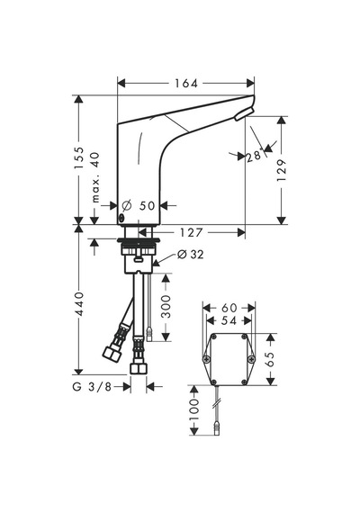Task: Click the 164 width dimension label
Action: (x=186, y=84)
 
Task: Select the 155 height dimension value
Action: (x=79, y=158)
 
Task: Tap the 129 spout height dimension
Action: (x=282, y=170)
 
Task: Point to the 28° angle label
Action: (x=255, y=156)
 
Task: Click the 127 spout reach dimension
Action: (x=191, y=232)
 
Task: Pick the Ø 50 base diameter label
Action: (x=138, y=206)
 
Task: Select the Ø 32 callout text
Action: (x=190, y=254)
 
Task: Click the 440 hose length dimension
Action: (x=79, y=304)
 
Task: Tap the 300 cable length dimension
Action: (x=166, y=307)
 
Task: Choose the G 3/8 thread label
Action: (x=92, y=387)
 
